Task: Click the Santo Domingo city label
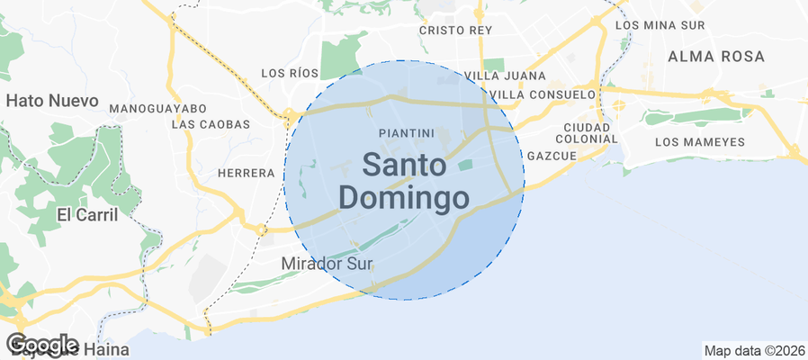pyautogui.click(x=404, y=181)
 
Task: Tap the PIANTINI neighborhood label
pyautogui.click(x=403, y=132)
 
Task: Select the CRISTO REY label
pyautogui.click(x=456, y=30)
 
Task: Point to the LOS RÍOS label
pyautogui.click(x=289, y=73)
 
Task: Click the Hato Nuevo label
pyautogui.click(x=52, y=101)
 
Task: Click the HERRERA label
pyautogui.click(x=246, y=172)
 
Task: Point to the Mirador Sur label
pyautogui.click(x=327, y=263)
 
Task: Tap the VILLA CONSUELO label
pyautogui.click(x=545, y=94)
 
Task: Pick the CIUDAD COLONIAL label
pyautogui.click(x=586, y=132)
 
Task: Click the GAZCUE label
pyautogui.click(x=552, y=156)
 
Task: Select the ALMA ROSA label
pyautogui.click(x=716, y=57)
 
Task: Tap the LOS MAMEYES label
pyautogui.click(x=700, y=142)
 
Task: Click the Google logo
pyautogui.click(x=41, y=344)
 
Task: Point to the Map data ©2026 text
pyautogui.click(x=754, y=350)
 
